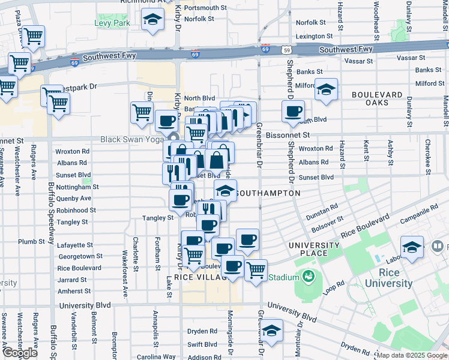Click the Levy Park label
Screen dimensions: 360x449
pyautogui.click(x=112, y=23)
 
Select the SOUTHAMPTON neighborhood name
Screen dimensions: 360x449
pyautogui.click(x=268, y=193)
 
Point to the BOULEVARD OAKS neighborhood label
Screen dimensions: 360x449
pyautogui.click(x=377, y=100)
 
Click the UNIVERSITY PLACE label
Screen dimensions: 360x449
pyautogui.click(x=314, y=249)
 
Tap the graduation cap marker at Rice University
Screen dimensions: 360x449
pyautogui.click(x=412, y=247)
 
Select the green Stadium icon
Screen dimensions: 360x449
pyautogui.click(x=309, y=277)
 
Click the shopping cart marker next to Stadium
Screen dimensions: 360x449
pyautogui.click(x=256, y=269)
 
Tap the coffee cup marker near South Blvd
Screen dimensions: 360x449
pyautogui.click(x=293, y=111)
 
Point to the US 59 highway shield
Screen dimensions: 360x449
pyautogui.click(x=288, y=50)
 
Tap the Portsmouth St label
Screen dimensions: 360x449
pyautogui.click(x=206, y=8)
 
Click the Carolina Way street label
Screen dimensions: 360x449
pyautogui.click(x=155, y=356)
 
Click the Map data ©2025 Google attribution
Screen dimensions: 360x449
pyautogui.click(x=412, y=355)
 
